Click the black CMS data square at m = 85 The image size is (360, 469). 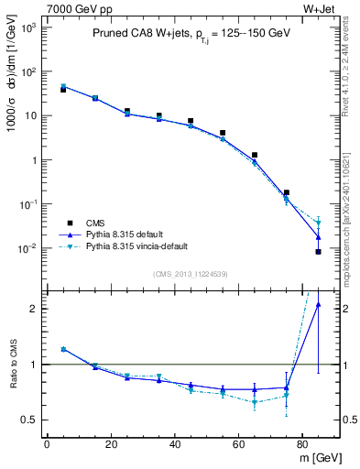click(318, 251)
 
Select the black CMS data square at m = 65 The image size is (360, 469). click(254, 156)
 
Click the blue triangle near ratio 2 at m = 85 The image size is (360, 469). click(318, 305)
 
